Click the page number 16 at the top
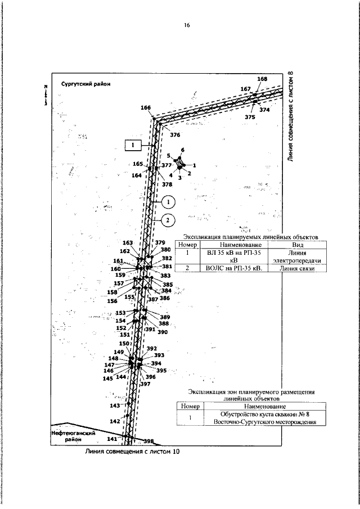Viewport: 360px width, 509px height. tap(187, 25)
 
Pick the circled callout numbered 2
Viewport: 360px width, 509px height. tap(168, 220)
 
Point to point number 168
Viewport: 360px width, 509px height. tap(262, 79)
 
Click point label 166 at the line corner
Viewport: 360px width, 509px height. tap(146, 107)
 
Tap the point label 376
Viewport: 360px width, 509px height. tap(175, 135)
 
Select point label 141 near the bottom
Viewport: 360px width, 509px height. tap(112, 439)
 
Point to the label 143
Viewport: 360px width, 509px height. tap(115, 405)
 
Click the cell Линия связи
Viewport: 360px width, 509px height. tap(291, 268)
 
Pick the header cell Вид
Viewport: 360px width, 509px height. tap(291, 245)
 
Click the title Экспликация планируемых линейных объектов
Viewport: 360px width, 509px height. tap(251, 238)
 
